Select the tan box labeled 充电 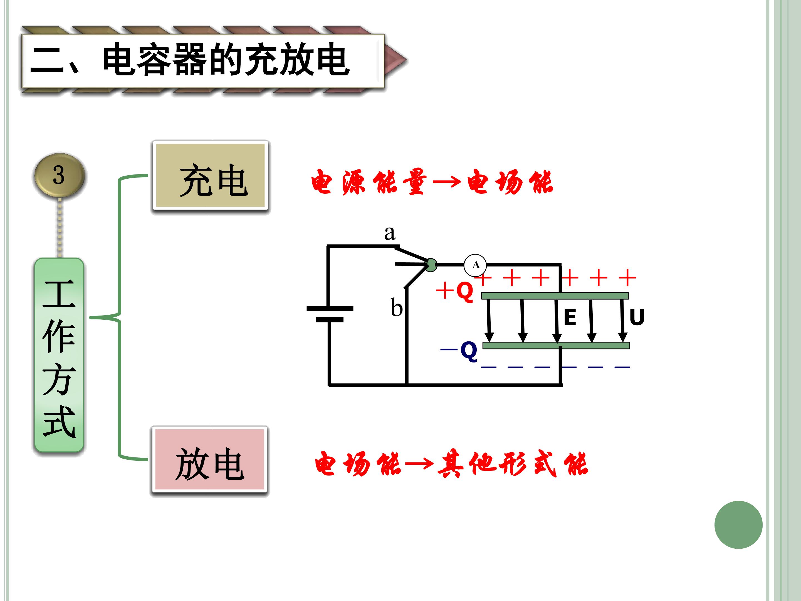click(x=210, y=175)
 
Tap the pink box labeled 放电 click(x=210, y=459)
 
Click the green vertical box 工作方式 click(x=59, y=355)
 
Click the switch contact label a click(x=390, y=233)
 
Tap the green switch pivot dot click(x=430, y=265)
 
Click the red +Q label click(x=455, y=291)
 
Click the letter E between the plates click(x=570, y=317)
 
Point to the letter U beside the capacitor click(x=637, y=317)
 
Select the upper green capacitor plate click(x=555, y=295)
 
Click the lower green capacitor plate click(x=556, y=346)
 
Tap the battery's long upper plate click(x=330, y=309)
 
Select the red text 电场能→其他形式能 click(x=451, y=464)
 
